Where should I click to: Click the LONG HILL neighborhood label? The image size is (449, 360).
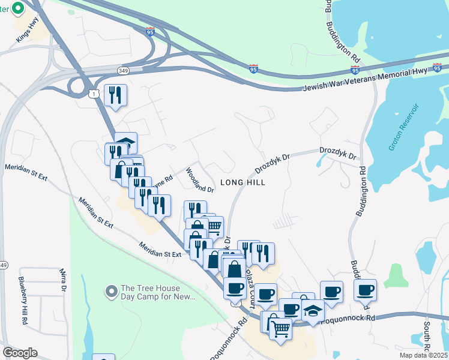243,182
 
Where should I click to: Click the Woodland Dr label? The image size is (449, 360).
199,180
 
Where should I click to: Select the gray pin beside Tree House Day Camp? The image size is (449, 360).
110,292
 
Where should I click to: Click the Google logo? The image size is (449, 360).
20,353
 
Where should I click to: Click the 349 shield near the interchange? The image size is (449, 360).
122,71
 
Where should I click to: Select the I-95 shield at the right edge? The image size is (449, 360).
437,67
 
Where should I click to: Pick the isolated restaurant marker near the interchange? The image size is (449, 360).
115,95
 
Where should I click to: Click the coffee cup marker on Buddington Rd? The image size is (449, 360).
365,290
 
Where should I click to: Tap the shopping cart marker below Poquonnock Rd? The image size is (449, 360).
280,328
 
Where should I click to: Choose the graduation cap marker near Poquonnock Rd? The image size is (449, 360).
313,310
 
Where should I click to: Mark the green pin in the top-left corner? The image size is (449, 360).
17,9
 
